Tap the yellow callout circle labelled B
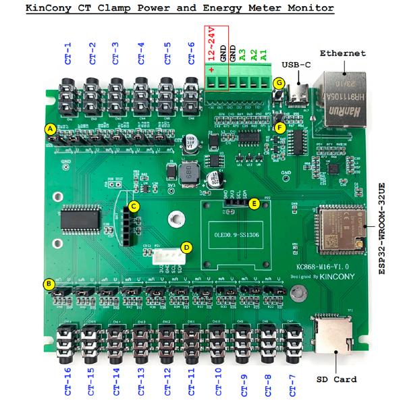49,284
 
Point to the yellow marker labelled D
187,247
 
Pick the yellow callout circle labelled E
254,202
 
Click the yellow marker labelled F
280,127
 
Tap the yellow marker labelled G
280,83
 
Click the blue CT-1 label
67,54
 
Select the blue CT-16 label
67,381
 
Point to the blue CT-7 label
292,381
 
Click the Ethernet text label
343,53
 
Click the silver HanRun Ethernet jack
344,98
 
